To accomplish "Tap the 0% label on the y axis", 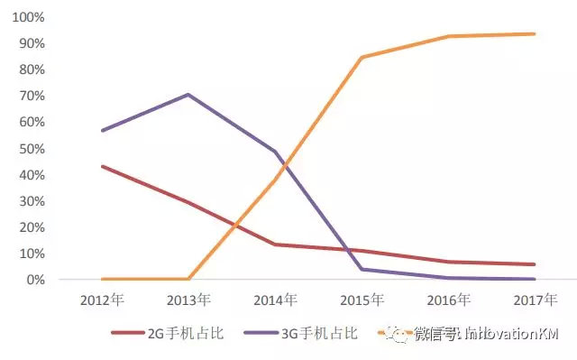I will (35, 280).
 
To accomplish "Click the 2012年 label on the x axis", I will (102, 299).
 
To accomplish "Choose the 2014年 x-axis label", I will (275, 299).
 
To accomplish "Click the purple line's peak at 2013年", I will (188, 94).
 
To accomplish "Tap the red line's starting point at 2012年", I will (102, 166).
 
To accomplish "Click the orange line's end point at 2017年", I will (535, 34).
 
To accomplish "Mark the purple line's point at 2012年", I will (102, 131).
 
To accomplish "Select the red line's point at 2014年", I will (275, 245).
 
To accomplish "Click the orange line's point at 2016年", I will (448, 36).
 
